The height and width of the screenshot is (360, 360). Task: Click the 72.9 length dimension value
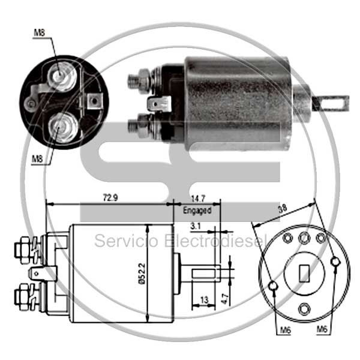(x=110, y=197)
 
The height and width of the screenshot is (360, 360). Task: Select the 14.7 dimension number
(x=198, y=199)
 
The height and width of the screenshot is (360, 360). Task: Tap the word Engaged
(x=197, y=211)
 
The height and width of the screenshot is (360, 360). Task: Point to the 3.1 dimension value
(x=196, y=226)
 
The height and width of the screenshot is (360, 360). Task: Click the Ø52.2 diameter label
(x=142, y=274)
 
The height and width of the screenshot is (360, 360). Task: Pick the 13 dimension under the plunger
(x=204, y=300)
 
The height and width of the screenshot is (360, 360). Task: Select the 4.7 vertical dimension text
(x=225, y=299)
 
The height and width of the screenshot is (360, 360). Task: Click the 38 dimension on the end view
(x=282, y=208)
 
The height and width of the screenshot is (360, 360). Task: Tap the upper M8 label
(x=39, y=32)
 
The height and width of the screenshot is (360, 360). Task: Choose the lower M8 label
(x=37, y=159)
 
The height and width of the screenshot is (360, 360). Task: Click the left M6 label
(x=286, y=331)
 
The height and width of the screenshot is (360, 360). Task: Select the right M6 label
(x=322, y=329)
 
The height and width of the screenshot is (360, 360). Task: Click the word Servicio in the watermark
(x=127, y=241)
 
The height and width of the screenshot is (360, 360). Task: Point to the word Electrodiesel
(x=215, y=241)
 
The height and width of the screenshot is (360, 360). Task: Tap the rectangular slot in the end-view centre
(x=304, y=273)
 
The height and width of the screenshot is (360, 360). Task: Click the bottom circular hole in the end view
(x=304, y=309)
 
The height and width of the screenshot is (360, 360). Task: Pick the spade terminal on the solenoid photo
(x=160, y=104)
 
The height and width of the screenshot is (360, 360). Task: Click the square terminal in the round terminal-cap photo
(x=94, y=101)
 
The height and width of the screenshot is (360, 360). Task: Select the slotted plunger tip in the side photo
(x=331, y=103)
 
